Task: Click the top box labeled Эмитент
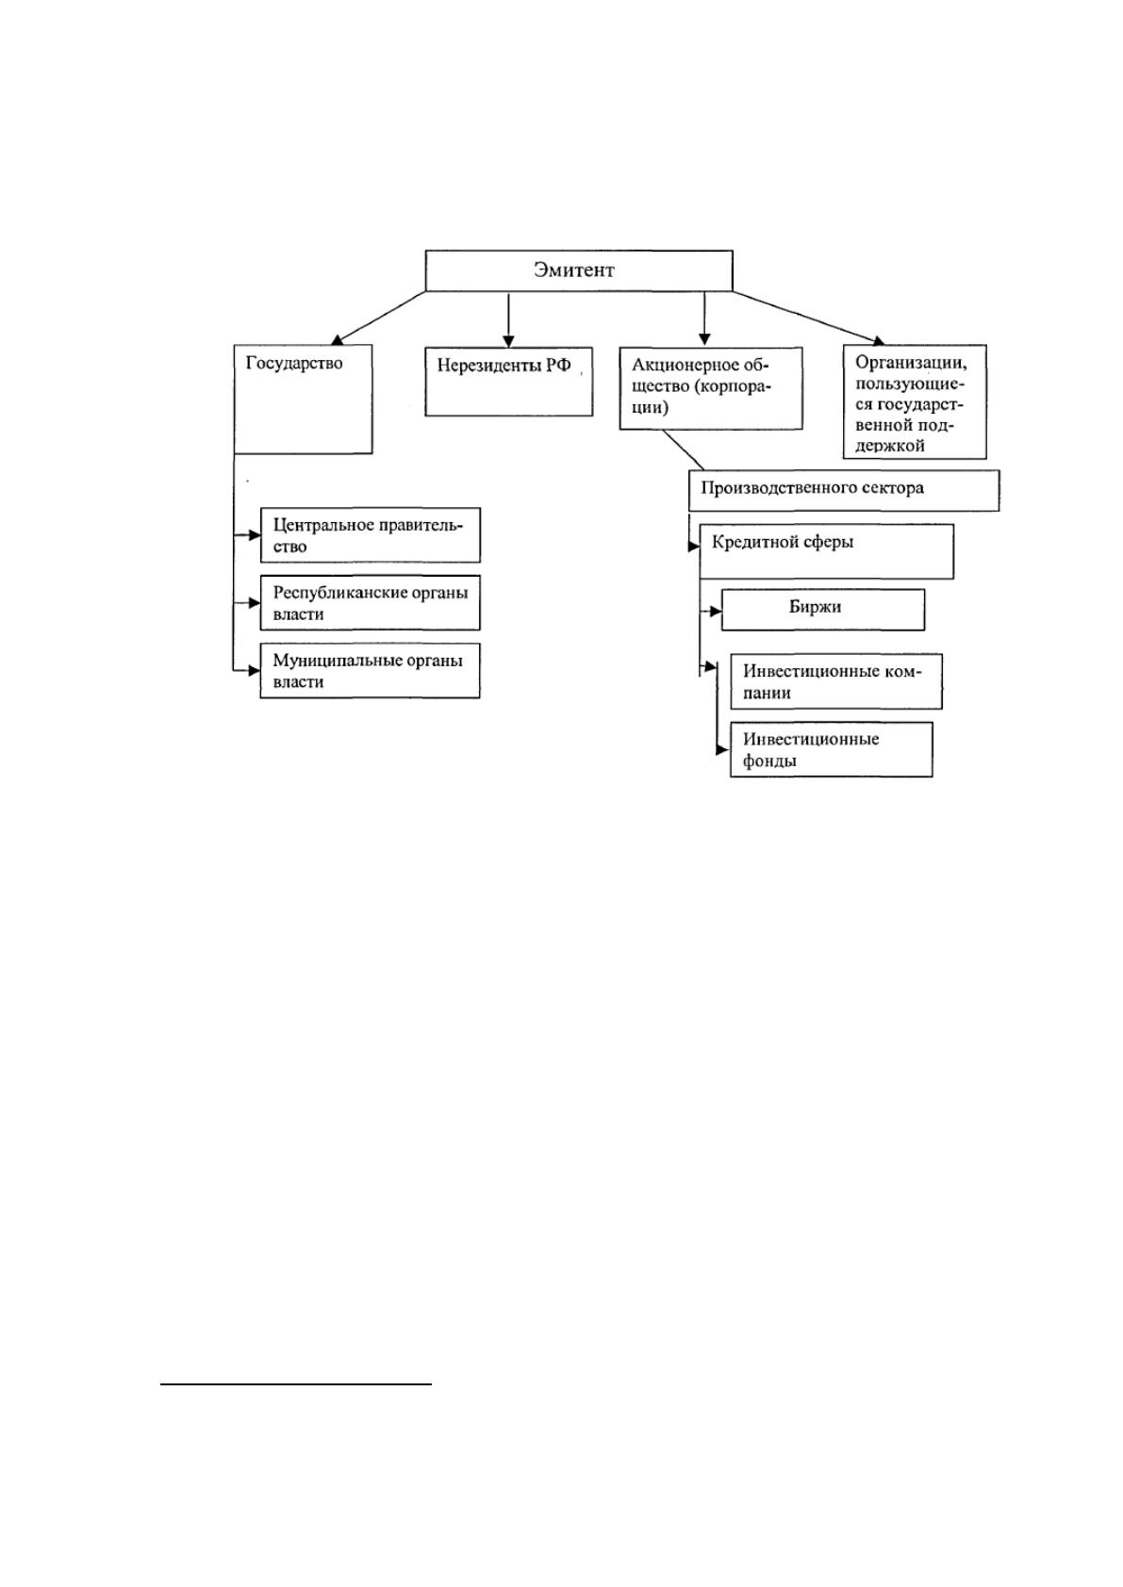579,270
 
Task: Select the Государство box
303,399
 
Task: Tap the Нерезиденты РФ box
508,381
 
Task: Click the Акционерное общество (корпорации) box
710,387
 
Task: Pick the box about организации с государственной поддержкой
915,401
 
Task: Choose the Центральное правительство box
370,535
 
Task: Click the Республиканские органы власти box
370,603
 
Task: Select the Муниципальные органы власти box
370,671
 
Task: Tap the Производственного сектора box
844,489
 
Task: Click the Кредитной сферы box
826,551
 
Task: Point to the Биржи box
822,610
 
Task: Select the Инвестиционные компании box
835,681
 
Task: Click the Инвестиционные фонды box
831,749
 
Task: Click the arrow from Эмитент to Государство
378,319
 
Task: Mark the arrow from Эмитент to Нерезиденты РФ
508,319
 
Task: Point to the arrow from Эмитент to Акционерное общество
704,319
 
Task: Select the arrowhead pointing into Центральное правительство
255,535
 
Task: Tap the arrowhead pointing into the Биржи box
716,611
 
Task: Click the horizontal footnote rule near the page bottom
296,1382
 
